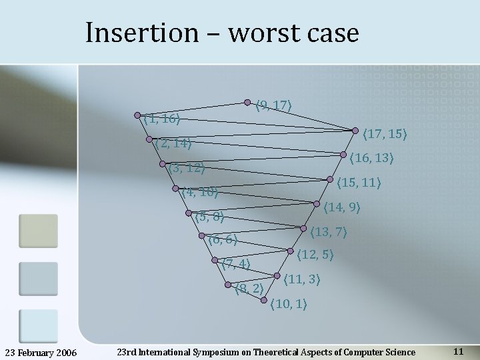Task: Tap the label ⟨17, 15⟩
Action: pyautogui.click(x=384, y=134)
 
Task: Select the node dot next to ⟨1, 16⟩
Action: pyautogui.click(x=137, y=115)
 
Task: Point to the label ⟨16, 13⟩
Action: pyautogui.click(x=371, y=158)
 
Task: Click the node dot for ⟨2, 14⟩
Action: pyautogui.click(x=149, y=139)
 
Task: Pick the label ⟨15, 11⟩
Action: pyautogui.click(x=359, y=182)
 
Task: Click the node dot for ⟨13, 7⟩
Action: pyautogui.click(x=303, y=228)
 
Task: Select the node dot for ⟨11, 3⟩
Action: pyautogui.click(x=277, y=275)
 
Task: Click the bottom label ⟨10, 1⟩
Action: pyautogui.click(x=288, y=305)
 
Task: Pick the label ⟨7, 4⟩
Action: pyautogui.click(x=236, y=264)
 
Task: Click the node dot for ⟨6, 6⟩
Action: pyautogui.click(x=201, y=235)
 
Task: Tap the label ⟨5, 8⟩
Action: pyautogui.click(x=209, y=216)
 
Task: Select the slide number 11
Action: pyautogui.click(x=458, y=351)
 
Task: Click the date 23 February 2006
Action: pyautogui.click(x=41, y=352)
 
